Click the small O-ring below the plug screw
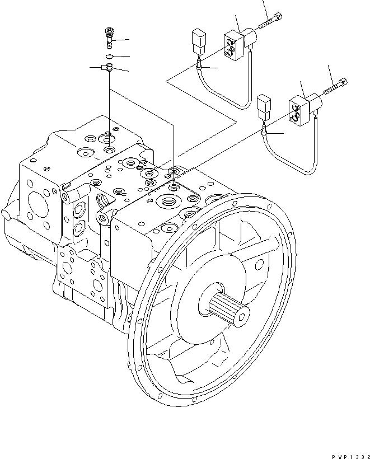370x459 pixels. coord(110,57)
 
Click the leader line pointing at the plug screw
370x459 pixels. coord(122,41)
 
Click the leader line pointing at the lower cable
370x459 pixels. coord(277,134)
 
